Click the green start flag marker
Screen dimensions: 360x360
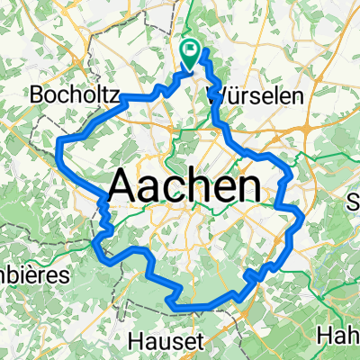coord(191,52)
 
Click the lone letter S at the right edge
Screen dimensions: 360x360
coord(353,202)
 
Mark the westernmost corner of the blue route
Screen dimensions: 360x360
coord(58,144)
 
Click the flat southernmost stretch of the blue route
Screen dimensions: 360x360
coord(193,307)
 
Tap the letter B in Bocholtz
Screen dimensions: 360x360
coord(37,93)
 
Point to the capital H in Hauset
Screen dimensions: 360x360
coord(136,340)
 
